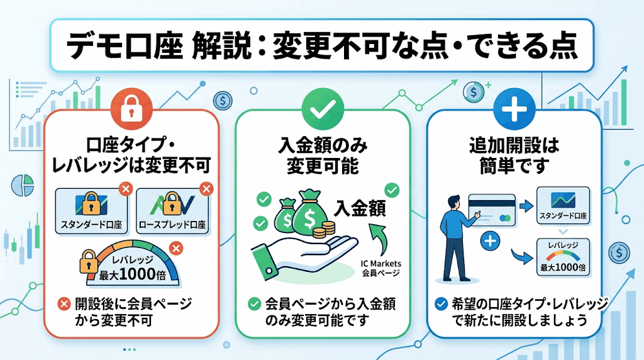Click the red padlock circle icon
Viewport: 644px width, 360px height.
tap(131, 110)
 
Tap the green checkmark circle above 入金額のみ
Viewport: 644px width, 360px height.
tap(323, 110)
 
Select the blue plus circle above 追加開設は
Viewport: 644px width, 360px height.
tap(514, 110)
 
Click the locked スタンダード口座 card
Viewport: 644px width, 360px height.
tap(91, 211)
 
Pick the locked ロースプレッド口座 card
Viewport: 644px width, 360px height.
tap(172, 211)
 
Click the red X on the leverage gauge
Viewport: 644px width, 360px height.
tap(176, 248)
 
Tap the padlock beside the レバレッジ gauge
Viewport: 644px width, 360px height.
tap(89, 262)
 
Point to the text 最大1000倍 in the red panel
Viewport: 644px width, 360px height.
tap(133, 274)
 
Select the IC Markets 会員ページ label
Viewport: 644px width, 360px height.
tap(380, 268)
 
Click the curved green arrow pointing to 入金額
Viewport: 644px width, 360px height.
tap(378, 239)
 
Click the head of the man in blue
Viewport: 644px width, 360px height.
tap(453, 203)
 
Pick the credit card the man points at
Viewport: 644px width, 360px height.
tap(492, 210)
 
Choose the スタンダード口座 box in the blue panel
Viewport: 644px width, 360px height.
tap(563, 205)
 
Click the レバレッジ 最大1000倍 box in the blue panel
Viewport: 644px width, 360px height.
tap(563, 257)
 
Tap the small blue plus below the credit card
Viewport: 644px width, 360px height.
tap(490, 241)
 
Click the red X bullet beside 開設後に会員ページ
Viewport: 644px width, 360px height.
tap(64, 304)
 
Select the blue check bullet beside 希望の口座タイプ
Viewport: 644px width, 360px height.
tap(441, 304)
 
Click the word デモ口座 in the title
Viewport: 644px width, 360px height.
tap(125, 45)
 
